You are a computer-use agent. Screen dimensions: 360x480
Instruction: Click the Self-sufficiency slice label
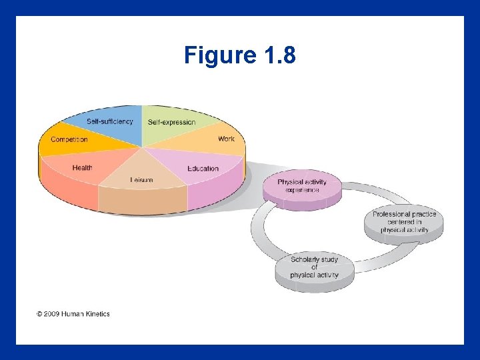(x=109, y=122)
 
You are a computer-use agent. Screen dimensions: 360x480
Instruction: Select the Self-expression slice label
(x=172, y=122)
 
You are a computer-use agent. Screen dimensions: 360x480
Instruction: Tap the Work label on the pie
(x=226, y=139)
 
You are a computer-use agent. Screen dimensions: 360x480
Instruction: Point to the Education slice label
(x=203, y=168)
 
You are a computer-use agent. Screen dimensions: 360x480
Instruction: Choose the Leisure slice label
(x=141, y=179)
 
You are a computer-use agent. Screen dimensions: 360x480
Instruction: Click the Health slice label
(x=83, y=167)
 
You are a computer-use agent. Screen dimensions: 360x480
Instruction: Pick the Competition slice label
(x=69, y=139)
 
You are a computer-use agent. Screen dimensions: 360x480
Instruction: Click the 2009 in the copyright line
(x=52, y=313)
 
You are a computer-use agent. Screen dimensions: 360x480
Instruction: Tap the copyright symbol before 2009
(x=39, y=313)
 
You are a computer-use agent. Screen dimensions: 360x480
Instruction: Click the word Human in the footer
(x=73, y=313)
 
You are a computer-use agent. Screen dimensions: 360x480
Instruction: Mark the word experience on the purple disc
(x=302, y=190)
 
